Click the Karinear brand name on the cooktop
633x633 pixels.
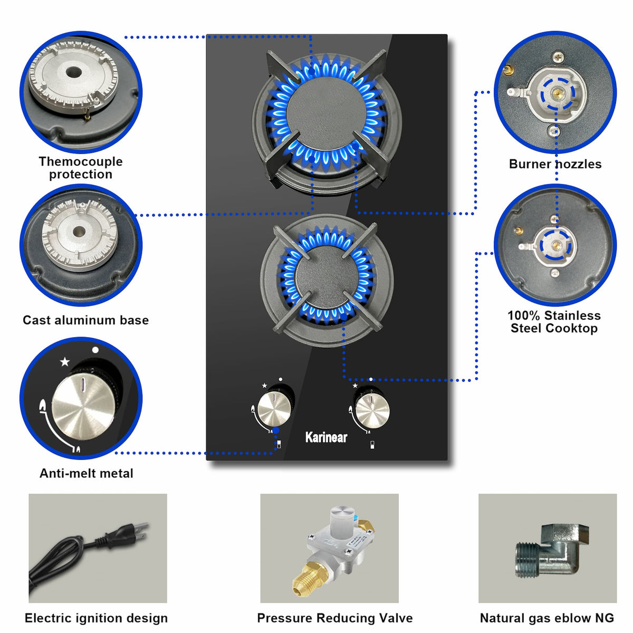click(x=326, y=437)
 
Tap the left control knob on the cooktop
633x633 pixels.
click(x=274, y=410)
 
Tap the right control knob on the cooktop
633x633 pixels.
click(x=372, y=410)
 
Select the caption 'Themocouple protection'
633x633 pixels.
click(x=81, y=168)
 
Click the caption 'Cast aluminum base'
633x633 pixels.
click(x=86, y=320)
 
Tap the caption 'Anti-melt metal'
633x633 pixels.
click(x=87, y=473)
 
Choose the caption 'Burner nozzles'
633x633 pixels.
click(x=555, y=164)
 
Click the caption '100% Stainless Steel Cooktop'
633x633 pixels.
click(x=554, y=322)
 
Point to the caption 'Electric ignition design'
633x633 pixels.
click(x=96, y=618)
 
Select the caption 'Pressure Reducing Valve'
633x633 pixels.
click(x=335, y=618)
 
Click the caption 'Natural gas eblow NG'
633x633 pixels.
click(x=547, y=618)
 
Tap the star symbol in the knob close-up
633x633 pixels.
click(x=65, y=362)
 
